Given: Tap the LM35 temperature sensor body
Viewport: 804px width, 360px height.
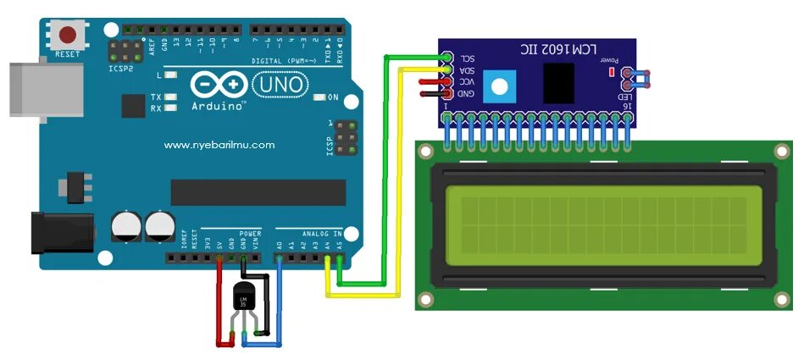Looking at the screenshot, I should point(247,299).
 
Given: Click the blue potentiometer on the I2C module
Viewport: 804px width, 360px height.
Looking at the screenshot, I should point(502,86).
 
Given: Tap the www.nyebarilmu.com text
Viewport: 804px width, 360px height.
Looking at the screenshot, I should point(219,145).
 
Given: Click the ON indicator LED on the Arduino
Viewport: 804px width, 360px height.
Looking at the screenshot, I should point(319,97).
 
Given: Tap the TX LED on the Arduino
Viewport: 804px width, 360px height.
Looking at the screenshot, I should point(171,97).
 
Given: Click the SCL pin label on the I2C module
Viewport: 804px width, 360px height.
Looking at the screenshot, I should point(467,58).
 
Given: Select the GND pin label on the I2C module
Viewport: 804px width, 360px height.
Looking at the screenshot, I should point(467,92).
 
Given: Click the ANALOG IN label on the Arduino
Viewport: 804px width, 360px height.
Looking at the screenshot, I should point(322,233).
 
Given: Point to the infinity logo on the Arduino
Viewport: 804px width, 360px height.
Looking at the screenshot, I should point(219,85).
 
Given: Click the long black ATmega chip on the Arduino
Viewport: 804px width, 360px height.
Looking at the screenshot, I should point(258,192).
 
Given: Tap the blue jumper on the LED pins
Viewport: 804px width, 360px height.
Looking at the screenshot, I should point(638,79).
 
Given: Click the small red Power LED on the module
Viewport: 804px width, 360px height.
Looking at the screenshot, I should point(612,71).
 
